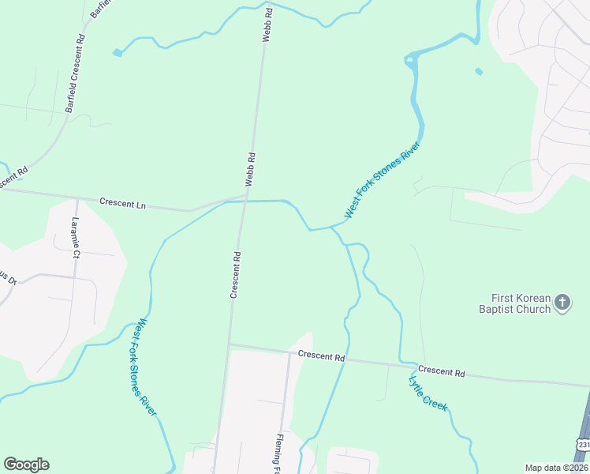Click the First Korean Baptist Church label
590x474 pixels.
click(x=521, y=303)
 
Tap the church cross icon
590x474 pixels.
click(x=562, y=302)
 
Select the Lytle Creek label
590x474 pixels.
click(x=428, y=393)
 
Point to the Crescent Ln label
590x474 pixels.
click(x=123, y=203)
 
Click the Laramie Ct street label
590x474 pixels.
click(x=77, y=238)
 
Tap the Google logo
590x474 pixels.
click(x=26, y=465)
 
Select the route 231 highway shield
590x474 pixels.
click(x=583, y=446)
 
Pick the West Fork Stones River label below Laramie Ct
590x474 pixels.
click(x=147, y=367)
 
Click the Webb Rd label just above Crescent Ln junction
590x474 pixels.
click(x=251, y=168)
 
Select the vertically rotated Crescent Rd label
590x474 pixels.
click(x=234, y=275)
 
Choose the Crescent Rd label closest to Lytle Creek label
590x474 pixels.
click(x=441, y=371)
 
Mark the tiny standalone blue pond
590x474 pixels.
click(x=480, y=72)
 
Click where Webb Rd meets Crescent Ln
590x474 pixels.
click(x=246, y=196)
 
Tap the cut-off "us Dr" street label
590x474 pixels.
click(x=6, y=278)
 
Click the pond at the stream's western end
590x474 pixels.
click(x=118, y=53)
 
